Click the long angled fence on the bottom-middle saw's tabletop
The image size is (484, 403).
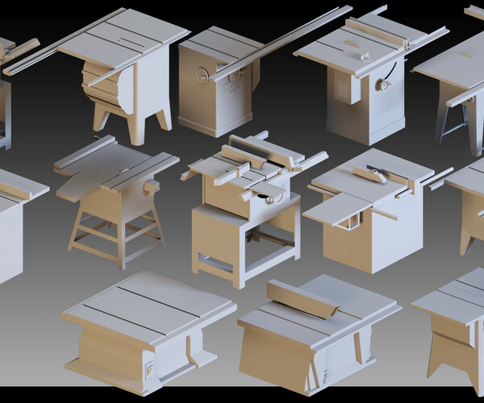click(x=302, y=299)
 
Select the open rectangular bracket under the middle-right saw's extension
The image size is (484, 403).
click(x=348, y=218)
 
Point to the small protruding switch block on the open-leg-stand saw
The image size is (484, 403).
click(x=150, y=185)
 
